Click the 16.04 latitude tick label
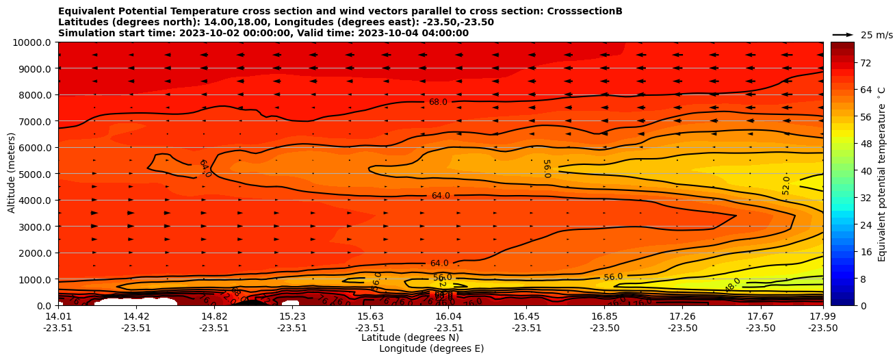click(448, 316)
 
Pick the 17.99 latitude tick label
click(822, 316)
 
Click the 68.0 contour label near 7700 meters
click(438, 102)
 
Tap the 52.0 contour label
click(786, 185)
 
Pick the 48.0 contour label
click(733, 285)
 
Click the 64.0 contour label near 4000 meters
click(441, 196)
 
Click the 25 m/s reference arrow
click(843, 34)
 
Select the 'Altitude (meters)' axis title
click(12, 174)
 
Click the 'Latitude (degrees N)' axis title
click(410, 337)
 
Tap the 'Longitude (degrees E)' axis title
click(431, 348)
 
